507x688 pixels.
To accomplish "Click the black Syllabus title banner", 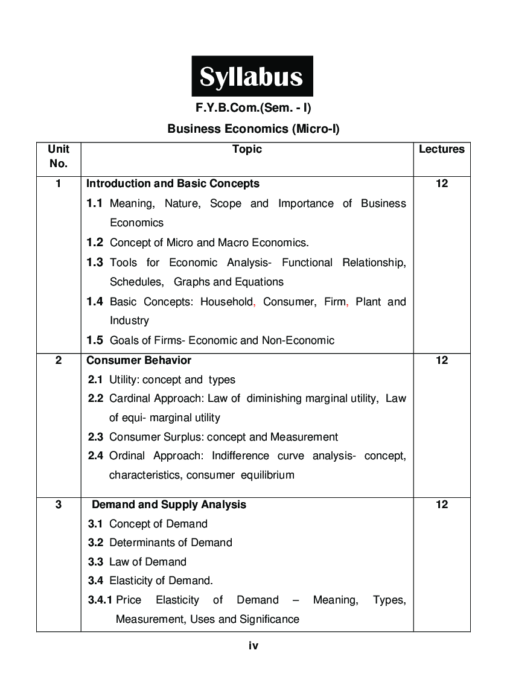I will tap(252, 77).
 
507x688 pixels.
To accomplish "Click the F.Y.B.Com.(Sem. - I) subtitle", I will tap(253, 109).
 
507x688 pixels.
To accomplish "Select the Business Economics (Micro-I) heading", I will tap(253, 129).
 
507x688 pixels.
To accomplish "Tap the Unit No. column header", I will tap(59, 156).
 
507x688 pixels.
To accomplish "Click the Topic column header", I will tap(247, 149).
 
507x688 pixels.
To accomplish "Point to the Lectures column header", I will tap(441, 149).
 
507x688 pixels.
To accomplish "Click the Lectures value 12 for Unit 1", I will tap(441, 183).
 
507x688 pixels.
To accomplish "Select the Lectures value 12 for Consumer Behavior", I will tap(441, 360).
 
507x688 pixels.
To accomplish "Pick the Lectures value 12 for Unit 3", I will tap(441, 505).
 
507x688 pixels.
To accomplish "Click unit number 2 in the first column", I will tap(59, 360).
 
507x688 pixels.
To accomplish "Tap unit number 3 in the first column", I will tap(59, 505).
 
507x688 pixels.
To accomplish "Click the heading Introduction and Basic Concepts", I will tap(173, 183).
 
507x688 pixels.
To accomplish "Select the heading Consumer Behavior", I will tap(139, 360).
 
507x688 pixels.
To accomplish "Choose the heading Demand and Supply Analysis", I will tap(168, 505).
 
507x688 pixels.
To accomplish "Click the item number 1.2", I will tap(94, 243).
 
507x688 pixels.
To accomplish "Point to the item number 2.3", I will tap(95, 437).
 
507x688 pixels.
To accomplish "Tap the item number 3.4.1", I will tap(100, 600).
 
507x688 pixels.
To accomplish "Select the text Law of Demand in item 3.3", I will tap(148, 562).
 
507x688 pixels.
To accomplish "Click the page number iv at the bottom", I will tap(253, 646).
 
